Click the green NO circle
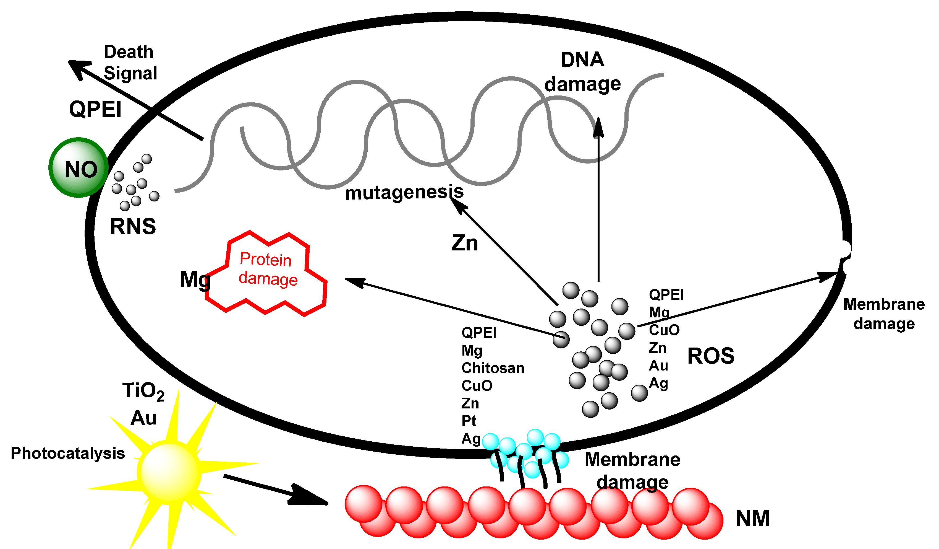click(x=79, y=168)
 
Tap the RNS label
click(x=133, y=226)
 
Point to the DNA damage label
click(x=582, y=72)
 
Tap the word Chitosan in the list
click(x=492, y=368)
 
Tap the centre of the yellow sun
click(x=169, y=472)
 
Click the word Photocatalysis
click(x=67, y=453)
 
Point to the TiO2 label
click(x=143, y=392)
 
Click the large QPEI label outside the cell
click(x=95, y=109)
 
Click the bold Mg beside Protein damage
click(x=195, y=279)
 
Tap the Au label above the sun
click(x=143, y=418)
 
